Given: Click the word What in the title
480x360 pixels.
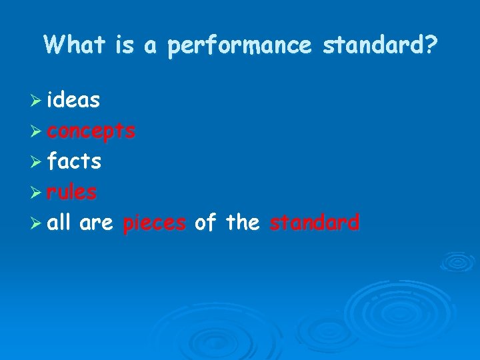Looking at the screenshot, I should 74,45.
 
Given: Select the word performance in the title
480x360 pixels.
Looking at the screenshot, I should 239,46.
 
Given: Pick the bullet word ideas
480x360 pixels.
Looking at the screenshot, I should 74,100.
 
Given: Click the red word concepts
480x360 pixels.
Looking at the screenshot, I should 91,131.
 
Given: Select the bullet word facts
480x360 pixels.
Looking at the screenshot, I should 74,161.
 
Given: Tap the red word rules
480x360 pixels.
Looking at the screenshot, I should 72,192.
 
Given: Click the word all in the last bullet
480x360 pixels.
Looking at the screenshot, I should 59,223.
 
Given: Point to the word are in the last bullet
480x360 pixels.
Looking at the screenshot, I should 95,223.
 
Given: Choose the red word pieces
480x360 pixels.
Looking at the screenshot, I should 155,223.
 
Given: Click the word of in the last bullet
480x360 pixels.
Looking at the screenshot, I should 205,223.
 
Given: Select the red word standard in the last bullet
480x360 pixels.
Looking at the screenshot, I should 314,223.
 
